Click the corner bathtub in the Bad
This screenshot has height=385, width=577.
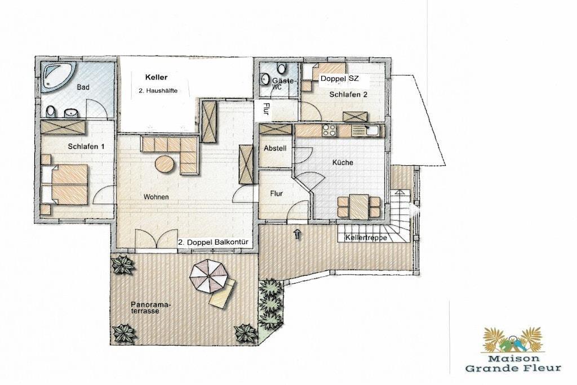pos(57,77)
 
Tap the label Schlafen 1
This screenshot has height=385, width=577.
pos(86,147)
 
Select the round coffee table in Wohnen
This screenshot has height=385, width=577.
pos(165,163)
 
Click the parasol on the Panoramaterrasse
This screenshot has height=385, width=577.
pos(208,276)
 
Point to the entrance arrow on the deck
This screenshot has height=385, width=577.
pos(298,234)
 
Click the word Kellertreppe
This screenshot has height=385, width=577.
pos(366,238)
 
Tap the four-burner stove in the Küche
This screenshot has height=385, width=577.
pos(329,130)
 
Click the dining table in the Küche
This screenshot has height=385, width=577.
pos(359,206)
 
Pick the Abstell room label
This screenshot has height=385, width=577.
pos(275,149)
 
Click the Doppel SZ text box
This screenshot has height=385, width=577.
pos(339,79)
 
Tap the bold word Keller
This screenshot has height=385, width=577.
pos(157,77)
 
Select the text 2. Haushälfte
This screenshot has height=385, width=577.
pos(158,91)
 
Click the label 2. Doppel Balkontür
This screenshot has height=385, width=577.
pos(214,242)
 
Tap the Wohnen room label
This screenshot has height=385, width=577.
pos(156,197)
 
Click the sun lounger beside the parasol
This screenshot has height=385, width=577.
pos(222,293)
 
